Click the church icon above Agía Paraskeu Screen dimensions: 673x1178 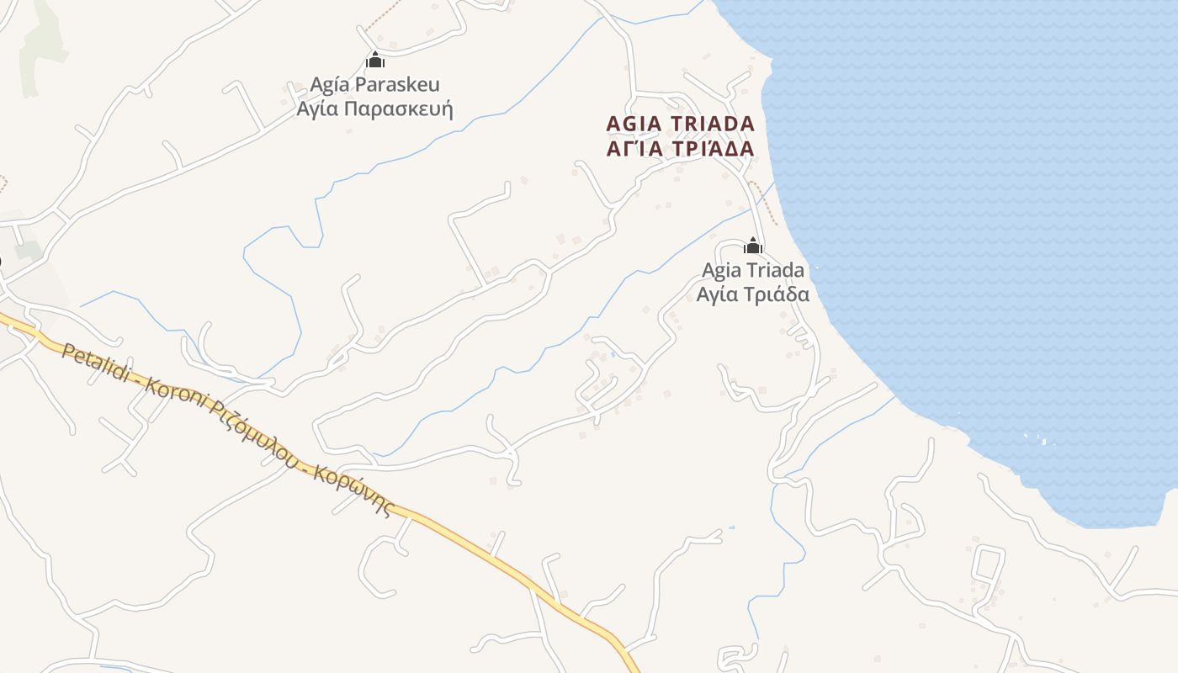[375, 60]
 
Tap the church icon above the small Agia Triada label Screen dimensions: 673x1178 [753, 246]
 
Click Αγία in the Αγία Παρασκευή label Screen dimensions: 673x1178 [319, 109]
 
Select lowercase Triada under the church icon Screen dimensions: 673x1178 [775, 271]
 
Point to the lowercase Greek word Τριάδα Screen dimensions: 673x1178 [778, 294]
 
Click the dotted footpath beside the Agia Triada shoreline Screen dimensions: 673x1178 [764, 202]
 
